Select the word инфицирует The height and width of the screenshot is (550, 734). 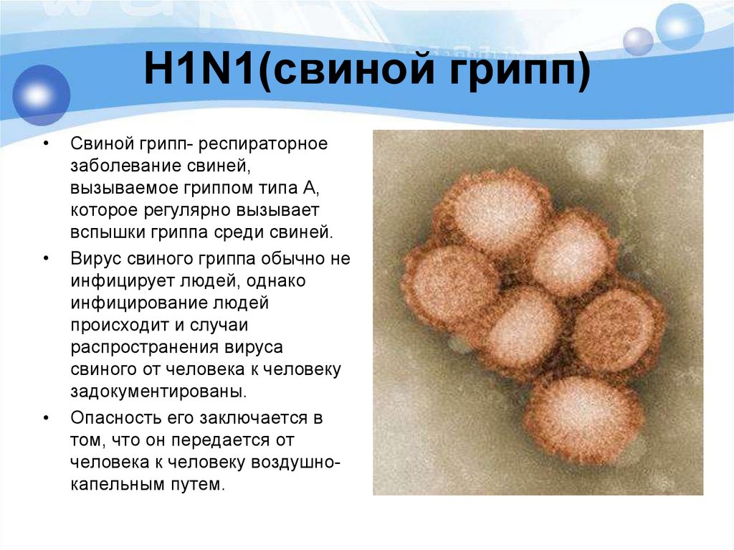[x=119, y=280]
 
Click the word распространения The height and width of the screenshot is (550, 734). [x=140, y=347]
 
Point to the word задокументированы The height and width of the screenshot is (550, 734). [x=158, y=392]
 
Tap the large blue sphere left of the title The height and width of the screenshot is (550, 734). [x=40, y=95]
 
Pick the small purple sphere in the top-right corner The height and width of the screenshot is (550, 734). [x=638, y=41]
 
